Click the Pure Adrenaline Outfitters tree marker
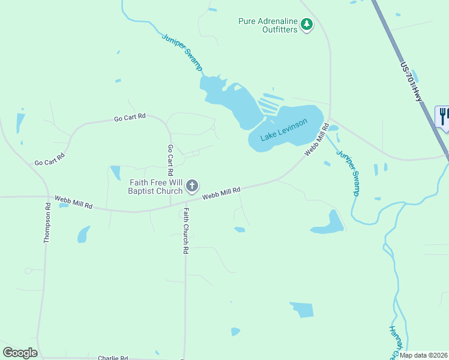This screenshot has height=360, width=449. pos(307,25)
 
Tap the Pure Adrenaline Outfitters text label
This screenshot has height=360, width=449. pos(268,25)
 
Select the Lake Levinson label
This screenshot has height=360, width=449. pos(283,130)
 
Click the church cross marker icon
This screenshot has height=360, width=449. pos(192,186)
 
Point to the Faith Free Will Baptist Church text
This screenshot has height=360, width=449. pos(155,187)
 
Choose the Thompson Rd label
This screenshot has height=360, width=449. pos(47,223)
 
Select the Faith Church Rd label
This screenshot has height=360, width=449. pos(186,231)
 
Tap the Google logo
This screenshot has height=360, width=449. pos(20,353)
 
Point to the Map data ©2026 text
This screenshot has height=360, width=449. pos(423,355)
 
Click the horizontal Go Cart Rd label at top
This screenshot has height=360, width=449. pos(130,118)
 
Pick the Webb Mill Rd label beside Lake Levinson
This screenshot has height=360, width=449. pos(316,140)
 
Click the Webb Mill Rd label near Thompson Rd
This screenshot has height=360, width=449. pos(73,202)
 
